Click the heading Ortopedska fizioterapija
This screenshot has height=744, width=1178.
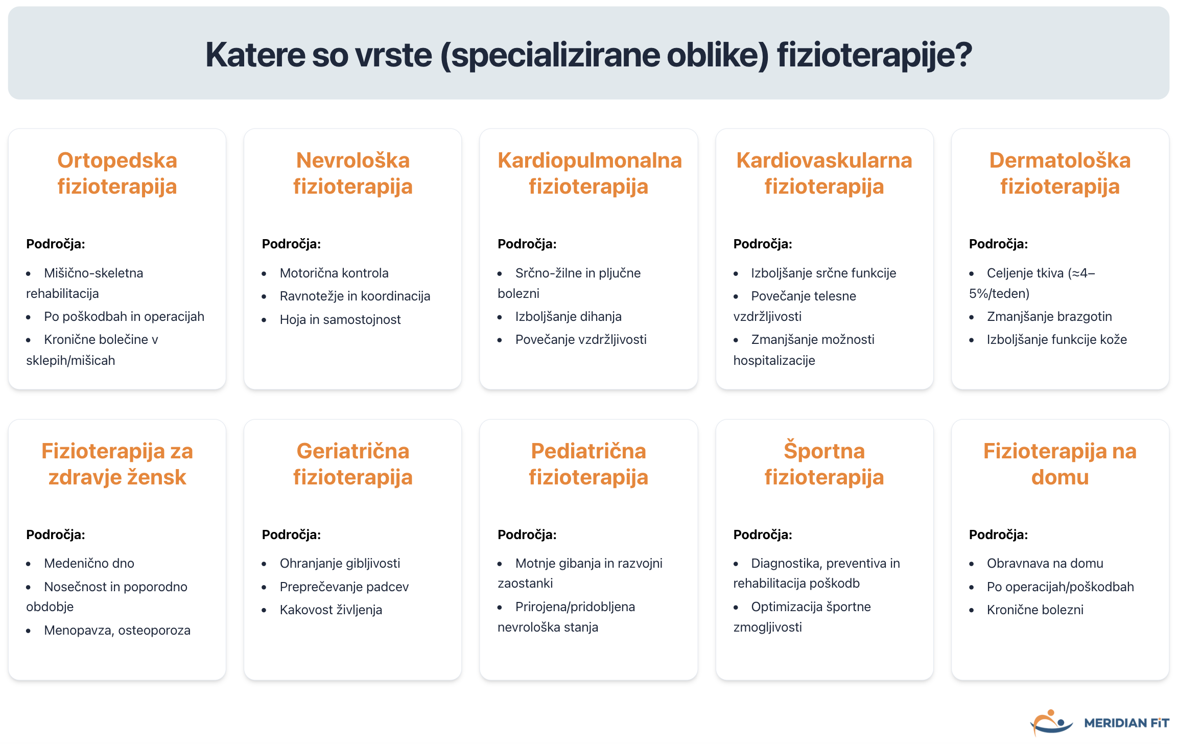(117, 173)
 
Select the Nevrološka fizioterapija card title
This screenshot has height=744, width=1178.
(352, 173)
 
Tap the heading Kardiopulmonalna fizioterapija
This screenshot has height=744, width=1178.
(589, 173)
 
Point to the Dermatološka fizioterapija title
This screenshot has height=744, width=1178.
(1060, 173)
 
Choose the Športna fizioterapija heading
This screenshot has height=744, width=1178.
(824, 463)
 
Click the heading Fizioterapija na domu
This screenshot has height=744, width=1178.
(1060, 463)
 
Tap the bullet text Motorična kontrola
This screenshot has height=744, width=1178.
(334, 273)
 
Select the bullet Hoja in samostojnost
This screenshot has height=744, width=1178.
(340, 319)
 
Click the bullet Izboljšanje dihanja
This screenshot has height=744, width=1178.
(568, 316)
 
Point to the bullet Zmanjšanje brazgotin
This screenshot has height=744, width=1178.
(1049, 316)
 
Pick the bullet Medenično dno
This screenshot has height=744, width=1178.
(89, 563)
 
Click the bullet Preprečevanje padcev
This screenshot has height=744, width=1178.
(344, 587)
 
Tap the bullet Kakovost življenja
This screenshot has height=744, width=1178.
(331, 610)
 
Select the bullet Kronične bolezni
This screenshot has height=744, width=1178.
(1035, 610)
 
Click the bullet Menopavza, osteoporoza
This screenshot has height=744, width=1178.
(117, 630)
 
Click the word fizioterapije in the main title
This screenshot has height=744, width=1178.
(875, 55)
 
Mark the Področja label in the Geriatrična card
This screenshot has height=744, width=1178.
(291, 534)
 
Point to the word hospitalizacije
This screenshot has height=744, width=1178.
(774, 360)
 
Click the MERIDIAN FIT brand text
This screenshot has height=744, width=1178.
(1126, 723)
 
